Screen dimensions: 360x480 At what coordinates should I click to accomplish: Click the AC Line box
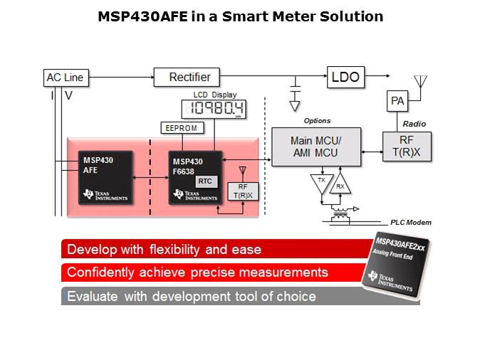tap(64, 78)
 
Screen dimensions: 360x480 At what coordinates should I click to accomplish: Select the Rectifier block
tap(187, 77)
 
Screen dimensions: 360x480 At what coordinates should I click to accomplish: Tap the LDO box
tap(345, 76)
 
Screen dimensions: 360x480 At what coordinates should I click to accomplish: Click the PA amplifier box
tap(397, 101)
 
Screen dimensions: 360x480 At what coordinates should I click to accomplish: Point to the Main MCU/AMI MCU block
tap(315, 147)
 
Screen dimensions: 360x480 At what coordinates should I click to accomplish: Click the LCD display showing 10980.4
tap(213, 108)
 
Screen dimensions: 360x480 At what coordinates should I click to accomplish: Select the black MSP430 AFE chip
tap(104, 177)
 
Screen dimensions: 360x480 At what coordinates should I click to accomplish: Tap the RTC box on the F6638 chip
tap(204, 181)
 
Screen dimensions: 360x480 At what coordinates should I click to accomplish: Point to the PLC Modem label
tap(410, 223)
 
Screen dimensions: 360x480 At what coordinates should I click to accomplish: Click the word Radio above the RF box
tap(414, 123)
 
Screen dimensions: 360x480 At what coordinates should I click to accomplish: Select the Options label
tap(317, 121)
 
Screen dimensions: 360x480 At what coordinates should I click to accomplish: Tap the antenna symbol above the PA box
tap(420, 80)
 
